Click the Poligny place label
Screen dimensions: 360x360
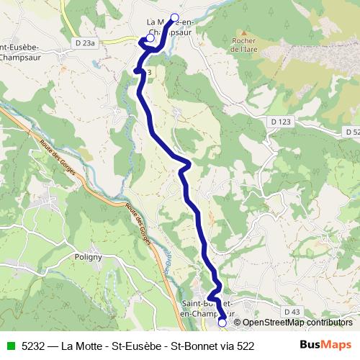[x=90, y=256]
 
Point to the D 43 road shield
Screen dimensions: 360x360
[x=292, y=311]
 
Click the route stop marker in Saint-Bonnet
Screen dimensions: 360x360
[x=222, y=323]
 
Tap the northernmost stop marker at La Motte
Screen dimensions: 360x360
[x=174, y=17]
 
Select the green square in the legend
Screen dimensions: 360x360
[x=10, y=346]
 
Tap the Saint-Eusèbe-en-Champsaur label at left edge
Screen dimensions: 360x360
[x=19, y=53]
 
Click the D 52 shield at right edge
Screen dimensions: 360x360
[x=351, y=132]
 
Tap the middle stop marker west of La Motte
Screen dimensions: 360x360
[x=150, y=38]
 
